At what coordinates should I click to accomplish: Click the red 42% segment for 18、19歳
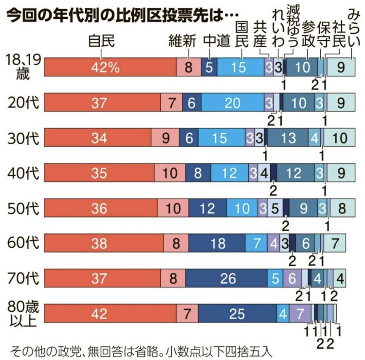tap(110, 68)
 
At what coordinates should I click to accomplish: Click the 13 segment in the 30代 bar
tap(289, 138)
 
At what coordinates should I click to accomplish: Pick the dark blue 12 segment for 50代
tap(207, 208)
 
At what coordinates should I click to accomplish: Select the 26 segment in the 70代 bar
tap(228, 278)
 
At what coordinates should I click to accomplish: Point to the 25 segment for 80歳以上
tap(237, 313)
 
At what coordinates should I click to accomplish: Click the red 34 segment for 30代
tap(97, 138)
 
